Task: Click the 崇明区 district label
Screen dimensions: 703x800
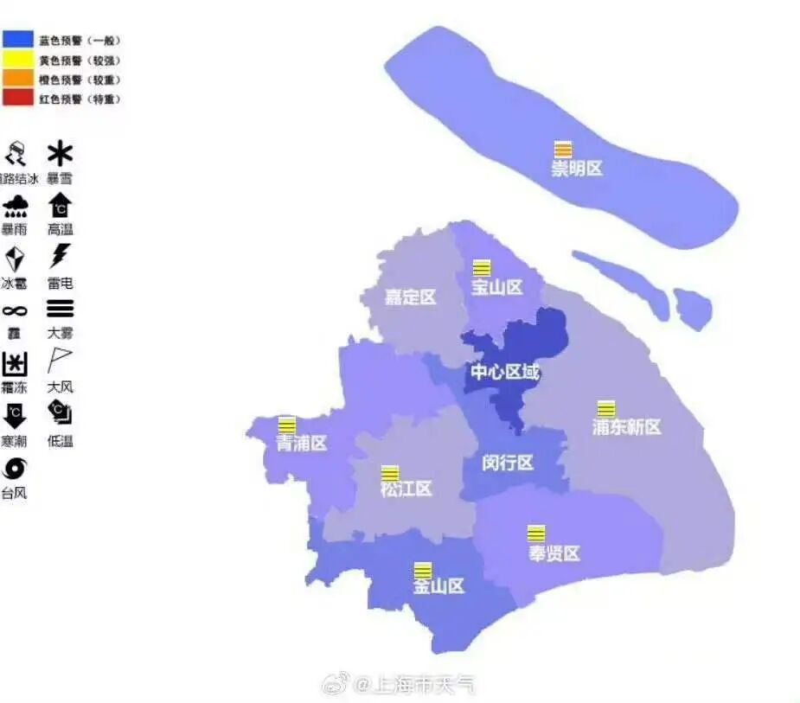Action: click(x=577, y=169)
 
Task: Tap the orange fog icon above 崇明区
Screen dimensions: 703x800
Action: click(x=563, y=149)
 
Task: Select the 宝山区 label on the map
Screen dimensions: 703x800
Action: click(x=496, y=287)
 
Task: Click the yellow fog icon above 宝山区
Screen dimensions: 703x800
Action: click(x=481, y=267)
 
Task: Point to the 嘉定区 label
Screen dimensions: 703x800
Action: click(x=410, y=297)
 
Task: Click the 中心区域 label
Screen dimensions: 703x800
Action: click(x=504, y=373)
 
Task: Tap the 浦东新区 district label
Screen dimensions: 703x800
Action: click(x=626, y=427)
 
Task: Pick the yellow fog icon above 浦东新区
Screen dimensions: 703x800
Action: click(x=606, y=408)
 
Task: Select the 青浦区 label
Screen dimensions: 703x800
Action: click(x=301, y=444)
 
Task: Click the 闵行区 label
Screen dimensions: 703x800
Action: click(x=508, y=463)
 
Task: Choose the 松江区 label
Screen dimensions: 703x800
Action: click(x=406, y=489)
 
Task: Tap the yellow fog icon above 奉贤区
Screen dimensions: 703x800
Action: click(x=536, y=534)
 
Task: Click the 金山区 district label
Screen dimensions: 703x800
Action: click(x=438, y=586)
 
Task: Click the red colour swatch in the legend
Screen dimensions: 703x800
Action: click(x=18, y=98)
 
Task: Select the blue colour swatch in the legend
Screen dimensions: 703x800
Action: click(x=18, y=39)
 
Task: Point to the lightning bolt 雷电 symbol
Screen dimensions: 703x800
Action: click(x=60, y=257)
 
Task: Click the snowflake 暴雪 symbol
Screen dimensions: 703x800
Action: click(x=60, y=155)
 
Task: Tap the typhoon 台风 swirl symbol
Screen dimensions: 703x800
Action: click(x=14, y=469)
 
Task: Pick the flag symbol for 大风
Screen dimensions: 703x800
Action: click(x=60, y=360)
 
